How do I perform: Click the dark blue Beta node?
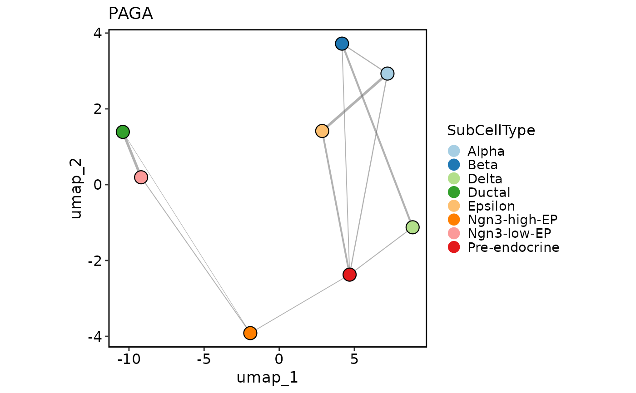click(342, 44)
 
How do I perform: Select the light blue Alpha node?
click(387, 74)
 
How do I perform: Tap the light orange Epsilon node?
click(322, 131)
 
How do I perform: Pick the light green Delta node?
click(412, 227)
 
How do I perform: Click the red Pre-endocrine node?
click(349, 275)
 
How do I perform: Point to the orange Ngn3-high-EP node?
click(250, 333)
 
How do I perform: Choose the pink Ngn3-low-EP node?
click(141, 177)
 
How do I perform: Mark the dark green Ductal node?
click(123, 132)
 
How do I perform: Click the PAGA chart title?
click(130, 14)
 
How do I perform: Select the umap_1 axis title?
click(267, 378)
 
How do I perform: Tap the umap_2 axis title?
click(76, 189)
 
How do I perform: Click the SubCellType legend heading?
click(491, 131)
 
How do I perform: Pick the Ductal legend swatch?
click(454, 192)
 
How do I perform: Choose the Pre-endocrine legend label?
click(513, 247)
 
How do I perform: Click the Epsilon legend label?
click(491, 206)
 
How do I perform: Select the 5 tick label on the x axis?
click(354, 359)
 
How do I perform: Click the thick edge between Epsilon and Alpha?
click(354, 103)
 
